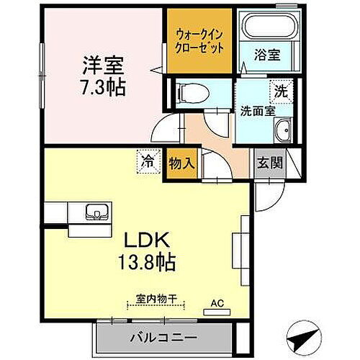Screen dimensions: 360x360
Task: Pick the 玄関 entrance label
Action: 269,162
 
